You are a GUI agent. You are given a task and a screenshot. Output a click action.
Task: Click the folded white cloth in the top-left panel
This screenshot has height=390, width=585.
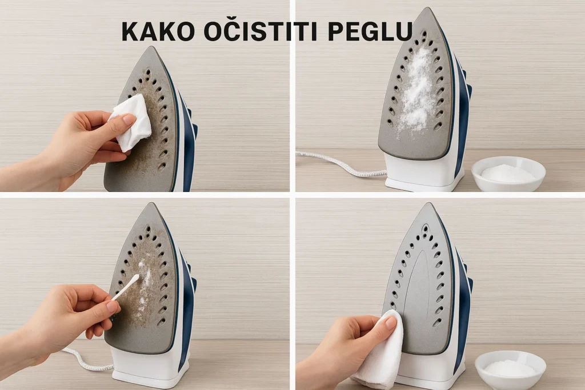pyautogui.click(x=133, y=122)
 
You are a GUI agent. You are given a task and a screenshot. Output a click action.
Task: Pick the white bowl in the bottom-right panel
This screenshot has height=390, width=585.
pyautogui.click(x=510, y=368)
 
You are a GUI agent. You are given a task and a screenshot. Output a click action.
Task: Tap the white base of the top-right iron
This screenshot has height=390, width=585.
pyautogui.click(x=420, y=174)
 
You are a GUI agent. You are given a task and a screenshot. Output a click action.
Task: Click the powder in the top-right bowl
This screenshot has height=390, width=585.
pyautogui.click(x=508, y=172)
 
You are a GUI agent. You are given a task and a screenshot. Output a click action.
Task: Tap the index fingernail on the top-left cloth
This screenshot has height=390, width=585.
pyautogui.click(x=129, y=119)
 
